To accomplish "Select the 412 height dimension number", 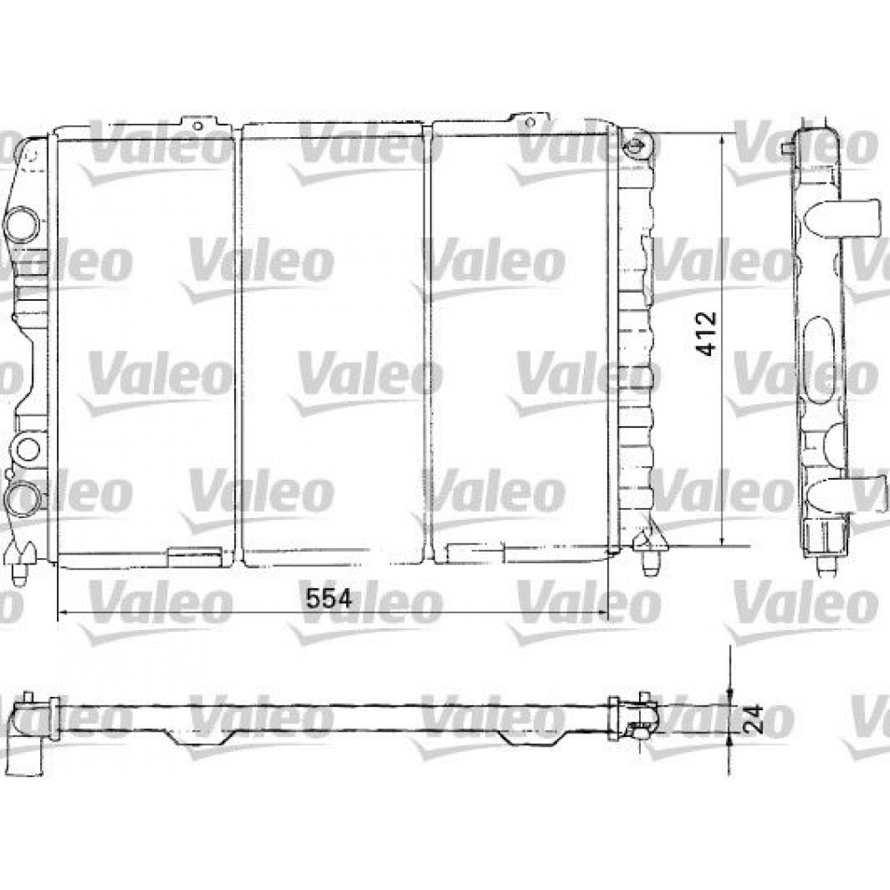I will [x=708, y=333].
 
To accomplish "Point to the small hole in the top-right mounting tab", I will [x=530, y=123].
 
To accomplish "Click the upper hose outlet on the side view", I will [x=841, y=216].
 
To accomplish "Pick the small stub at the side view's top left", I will [x=786, y=150].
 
